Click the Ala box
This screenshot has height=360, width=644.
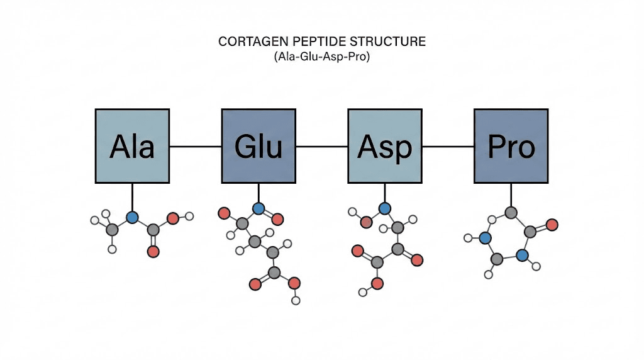coord(132,146)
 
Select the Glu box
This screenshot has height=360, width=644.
coord(258,146)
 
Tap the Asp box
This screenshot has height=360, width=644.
coord(385,146)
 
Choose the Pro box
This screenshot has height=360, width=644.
coord(511,146)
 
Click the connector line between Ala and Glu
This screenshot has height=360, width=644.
coord(195,147)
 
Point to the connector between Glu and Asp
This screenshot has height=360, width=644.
coord(321,147)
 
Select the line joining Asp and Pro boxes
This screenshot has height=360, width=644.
coord(448,147)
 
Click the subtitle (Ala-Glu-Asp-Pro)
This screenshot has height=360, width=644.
coord(322,57)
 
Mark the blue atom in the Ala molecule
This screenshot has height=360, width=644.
coord(132,218)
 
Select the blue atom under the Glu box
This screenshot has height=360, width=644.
coord(258,208)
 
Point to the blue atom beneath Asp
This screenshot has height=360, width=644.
coord(385,208)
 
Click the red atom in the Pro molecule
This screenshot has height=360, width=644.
coord(552,224)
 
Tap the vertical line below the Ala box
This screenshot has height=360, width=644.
coord(132,198)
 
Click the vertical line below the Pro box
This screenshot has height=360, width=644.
coord(511,196)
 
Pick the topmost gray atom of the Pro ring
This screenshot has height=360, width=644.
coord(511,213)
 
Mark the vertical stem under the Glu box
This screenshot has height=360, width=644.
coord(258,193)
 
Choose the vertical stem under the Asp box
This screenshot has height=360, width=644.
coord(385,193)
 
